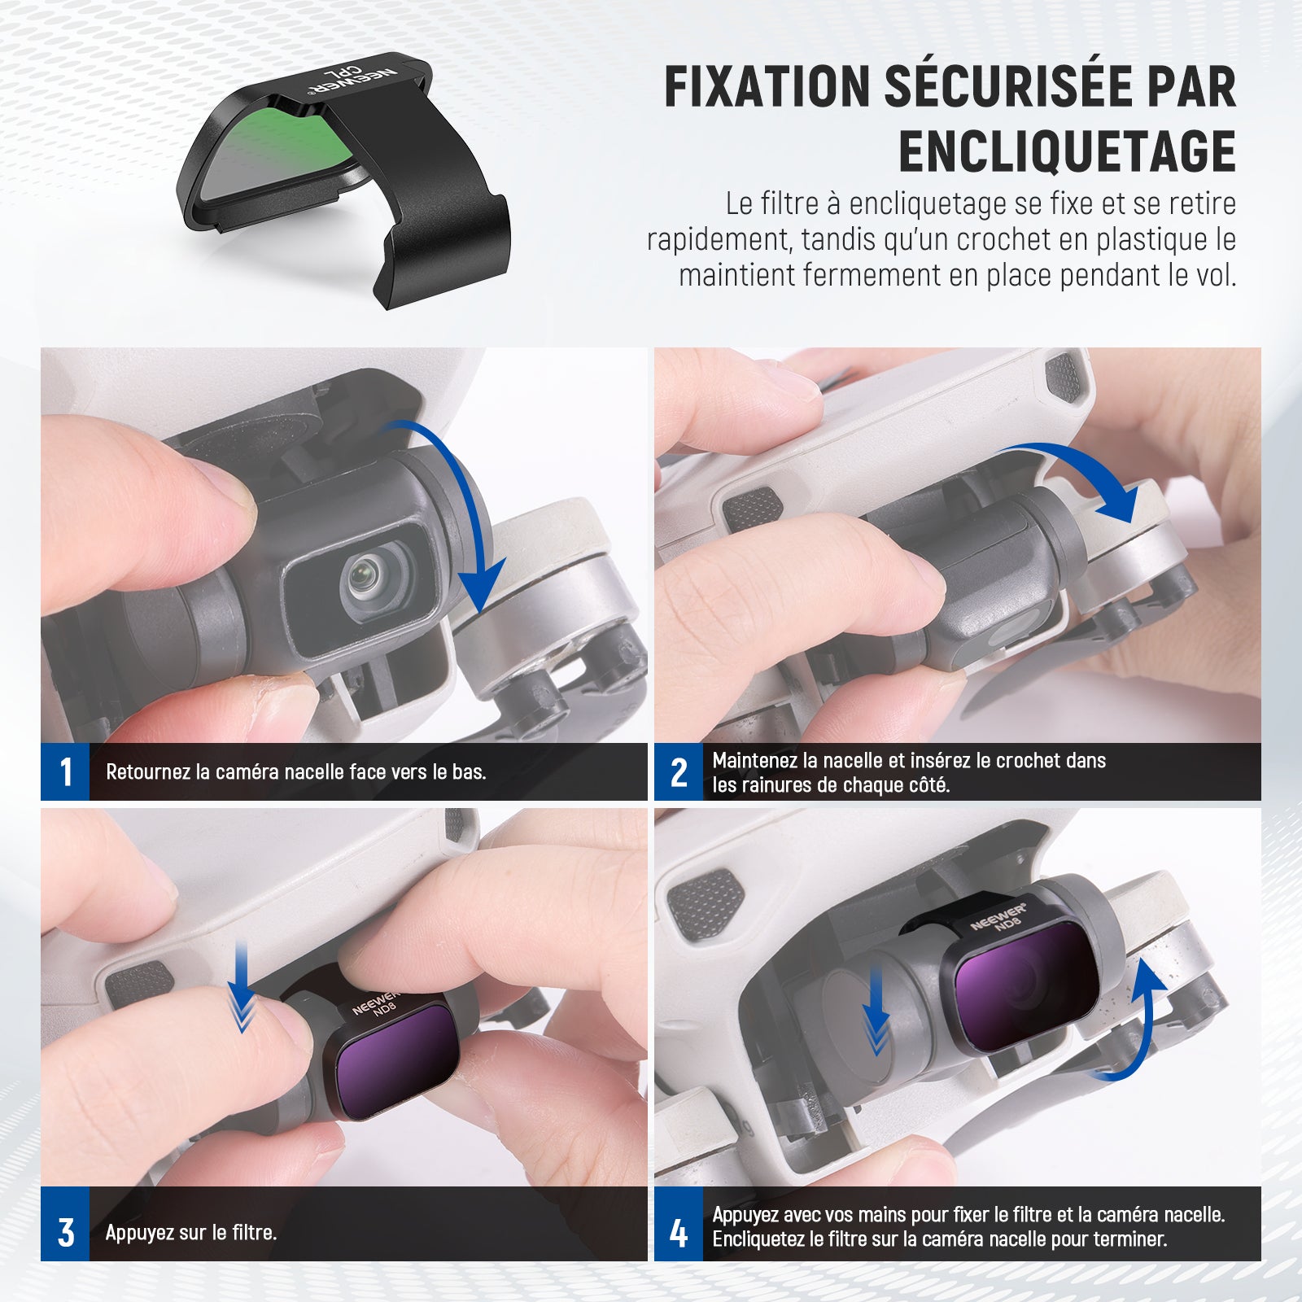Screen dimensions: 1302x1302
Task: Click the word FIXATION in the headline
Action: pyautogui.click(x=767, y=86)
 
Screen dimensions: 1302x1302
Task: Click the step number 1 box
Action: pyautogui.click(x=65, y=771)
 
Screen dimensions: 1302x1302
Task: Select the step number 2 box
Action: pyautogui.click(x=679, y=771)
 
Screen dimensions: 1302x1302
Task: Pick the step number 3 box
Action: pyautogui.click(x=65, y=1232)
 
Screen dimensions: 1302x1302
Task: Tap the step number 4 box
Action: pyautogui.click(x=679, y=1232)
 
